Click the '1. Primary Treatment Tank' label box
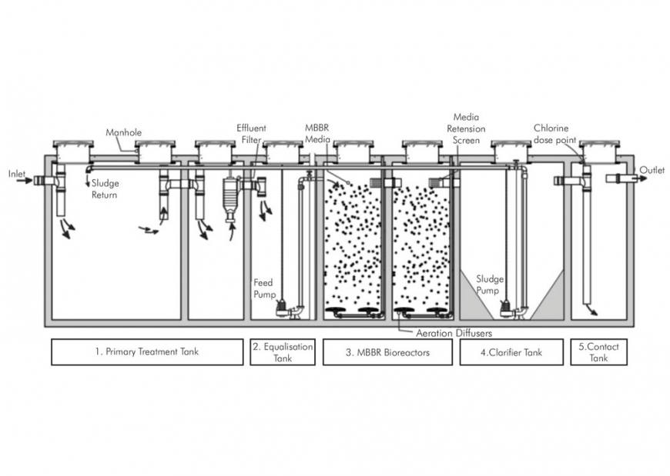(147, 352)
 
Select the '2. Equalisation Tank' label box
(283, 352)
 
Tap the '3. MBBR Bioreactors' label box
(387, 352)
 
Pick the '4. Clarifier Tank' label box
(511, 352)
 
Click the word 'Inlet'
(17, 174)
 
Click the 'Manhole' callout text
(123, 132)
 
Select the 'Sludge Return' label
(105, 189)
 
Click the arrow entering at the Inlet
(24, 182)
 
